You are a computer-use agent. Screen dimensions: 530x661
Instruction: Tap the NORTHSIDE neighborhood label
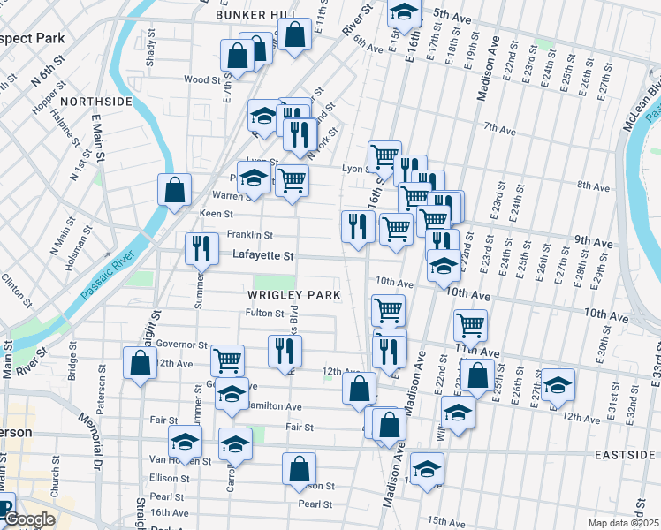point(96,102)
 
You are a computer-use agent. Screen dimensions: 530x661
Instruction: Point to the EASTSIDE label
point(624,454)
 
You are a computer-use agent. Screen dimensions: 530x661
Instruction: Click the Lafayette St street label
point(262,255)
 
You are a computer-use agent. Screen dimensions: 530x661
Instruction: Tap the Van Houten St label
point(179,459)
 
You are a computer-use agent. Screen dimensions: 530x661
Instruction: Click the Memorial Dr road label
point(93,438)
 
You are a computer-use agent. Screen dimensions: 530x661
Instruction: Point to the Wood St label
point(201,79)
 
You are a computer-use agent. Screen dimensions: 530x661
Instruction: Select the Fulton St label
point(264,313)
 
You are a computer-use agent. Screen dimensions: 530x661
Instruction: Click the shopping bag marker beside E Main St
point(174,189)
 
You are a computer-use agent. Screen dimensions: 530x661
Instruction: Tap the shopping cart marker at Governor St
point(227,360)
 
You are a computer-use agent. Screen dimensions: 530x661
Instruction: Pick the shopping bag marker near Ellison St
point(299,468)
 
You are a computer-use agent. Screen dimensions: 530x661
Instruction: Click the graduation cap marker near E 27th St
point(558,384)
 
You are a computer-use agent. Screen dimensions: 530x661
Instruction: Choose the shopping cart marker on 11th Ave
point(470,324)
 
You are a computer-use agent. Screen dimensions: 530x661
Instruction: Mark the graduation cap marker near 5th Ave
point(403,12)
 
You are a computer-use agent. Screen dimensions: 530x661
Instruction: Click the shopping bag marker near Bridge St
point(140,363)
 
